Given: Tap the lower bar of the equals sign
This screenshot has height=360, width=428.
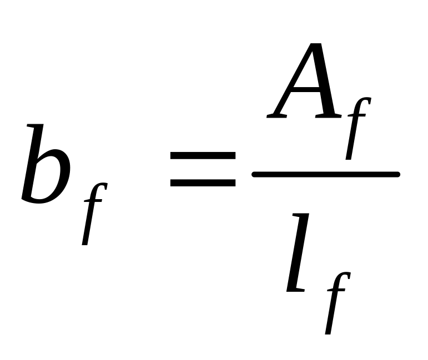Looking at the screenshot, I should pos(203,182).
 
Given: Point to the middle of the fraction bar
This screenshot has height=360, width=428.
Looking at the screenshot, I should pos(326,175).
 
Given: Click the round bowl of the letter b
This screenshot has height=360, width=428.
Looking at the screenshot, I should pos(50,180).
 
